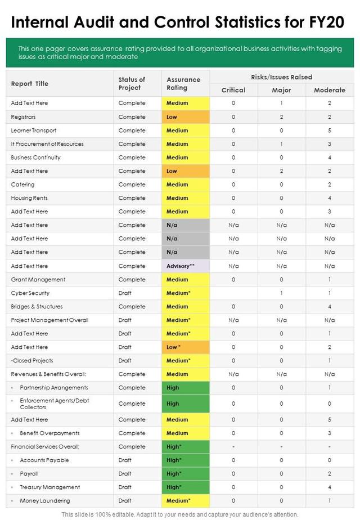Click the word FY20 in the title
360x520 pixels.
click(325, 23)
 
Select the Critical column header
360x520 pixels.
click(233, 90)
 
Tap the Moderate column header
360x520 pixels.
click(330, 90)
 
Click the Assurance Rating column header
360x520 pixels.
click(183, 84)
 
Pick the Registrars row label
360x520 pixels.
click(23, 117)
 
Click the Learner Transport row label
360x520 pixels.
click(34, 131)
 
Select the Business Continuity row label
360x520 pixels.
click(35, 158)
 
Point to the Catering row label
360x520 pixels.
click(22, 185)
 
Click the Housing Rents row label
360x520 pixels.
click(29, 198)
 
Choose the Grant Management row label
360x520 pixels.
click(38, 280)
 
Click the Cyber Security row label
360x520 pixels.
click(30, 293)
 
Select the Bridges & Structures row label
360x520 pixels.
click(37, 307)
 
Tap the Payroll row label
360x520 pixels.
click(29, 474)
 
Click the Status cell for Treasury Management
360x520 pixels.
click(125, 487)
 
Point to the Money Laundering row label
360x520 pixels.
click(45, 501)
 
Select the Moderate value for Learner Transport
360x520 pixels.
click(330, 131)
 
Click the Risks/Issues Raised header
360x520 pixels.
click(282, 77)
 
